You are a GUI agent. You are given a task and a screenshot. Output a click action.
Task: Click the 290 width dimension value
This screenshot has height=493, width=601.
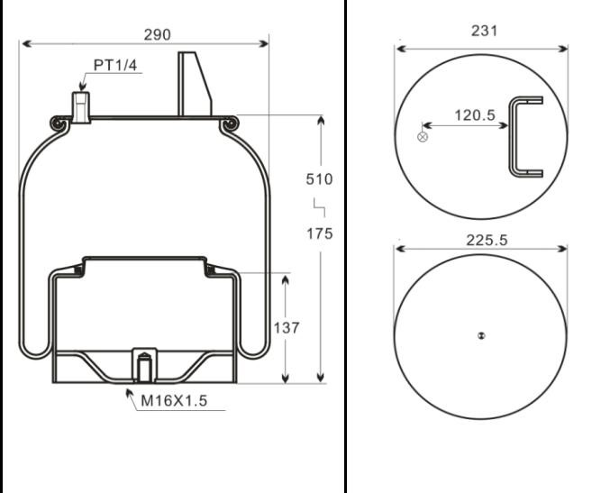click(x=159, y=33)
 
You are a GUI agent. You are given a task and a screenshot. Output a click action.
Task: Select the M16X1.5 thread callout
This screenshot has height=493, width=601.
click(x=173, y=401)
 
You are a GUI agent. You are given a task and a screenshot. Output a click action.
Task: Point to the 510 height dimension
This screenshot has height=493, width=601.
click(x=318, y=178)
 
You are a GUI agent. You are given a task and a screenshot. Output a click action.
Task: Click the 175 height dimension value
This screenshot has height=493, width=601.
click(x=318, y=233)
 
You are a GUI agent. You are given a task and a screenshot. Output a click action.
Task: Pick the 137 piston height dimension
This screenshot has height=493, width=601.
click(x=286, y=327)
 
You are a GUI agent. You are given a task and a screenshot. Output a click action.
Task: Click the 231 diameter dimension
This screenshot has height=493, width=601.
click(x=484, y=31)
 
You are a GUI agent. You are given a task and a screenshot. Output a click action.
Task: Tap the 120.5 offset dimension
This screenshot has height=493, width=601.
click(x=475, y=115)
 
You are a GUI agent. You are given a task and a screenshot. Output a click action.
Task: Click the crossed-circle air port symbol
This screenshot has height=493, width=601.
click(x=422, y=137)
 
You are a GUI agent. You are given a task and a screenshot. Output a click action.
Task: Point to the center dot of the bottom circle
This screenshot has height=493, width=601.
click(x=481, y=336)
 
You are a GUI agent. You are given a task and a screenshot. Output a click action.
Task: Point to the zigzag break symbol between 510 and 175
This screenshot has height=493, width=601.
click(x=318, y=206)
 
